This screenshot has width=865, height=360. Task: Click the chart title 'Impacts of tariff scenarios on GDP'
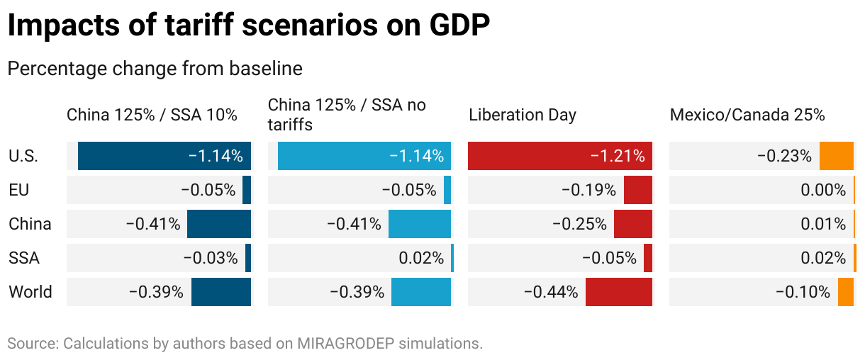pyautogui.click(x=248, y=26)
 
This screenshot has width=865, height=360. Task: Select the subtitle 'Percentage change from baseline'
pyautogui.click(x=155, y=69)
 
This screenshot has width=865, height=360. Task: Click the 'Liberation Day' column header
pyautogui.click(x=523, y=115)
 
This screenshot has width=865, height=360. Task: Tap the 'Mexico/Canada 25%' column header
pyautogui.click(x=747, y=115)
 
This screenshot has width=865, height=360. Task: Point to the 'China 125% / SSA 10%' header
pyautogui.click(x=152, y=115)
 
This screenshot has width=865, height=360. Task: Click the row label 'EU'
pyautogui.click(x=19, y=190)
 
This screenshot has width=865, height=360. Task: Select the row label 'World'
pyautogui.click(x=30, y=291)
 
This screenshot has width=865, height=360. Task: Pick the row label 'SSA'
pyautogui.click(x=24, y=258)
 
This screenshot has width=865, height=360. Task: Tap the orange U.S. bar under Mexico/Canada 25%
pyautogui.click(x=837, y=156)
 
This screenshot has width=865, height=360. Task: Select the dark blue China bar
pyautogui.click(x=219, y=224)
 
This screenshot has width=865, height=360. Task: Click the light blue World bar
pyautogui.click(x=421, y=291)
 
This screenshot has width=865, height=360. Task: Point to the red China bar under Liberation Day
pyautogui.click(x=633, y=224)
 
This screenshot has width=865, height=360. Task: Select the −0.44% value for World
pyautogui.click(x=551, y=291)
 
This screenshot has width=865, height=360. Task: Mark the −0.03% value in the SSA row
pyautogui.click(x=211, y=258)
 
